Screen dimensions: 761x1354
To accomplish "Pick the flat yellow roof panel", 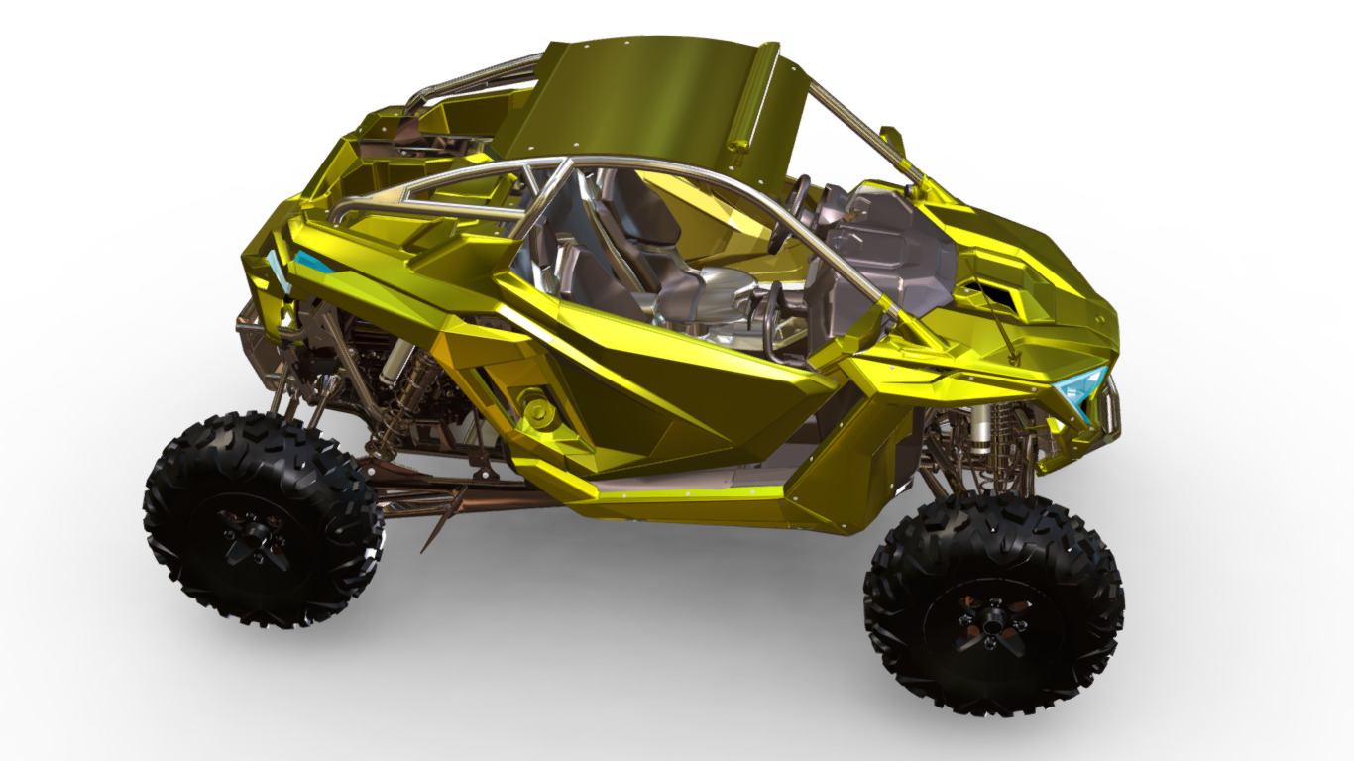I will coord(644,99).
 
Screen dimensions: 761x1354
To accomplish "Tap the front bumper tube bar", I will coord(1114,406).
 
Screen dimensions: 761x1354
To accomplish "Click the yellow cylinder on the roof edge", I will coord(753,94).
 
